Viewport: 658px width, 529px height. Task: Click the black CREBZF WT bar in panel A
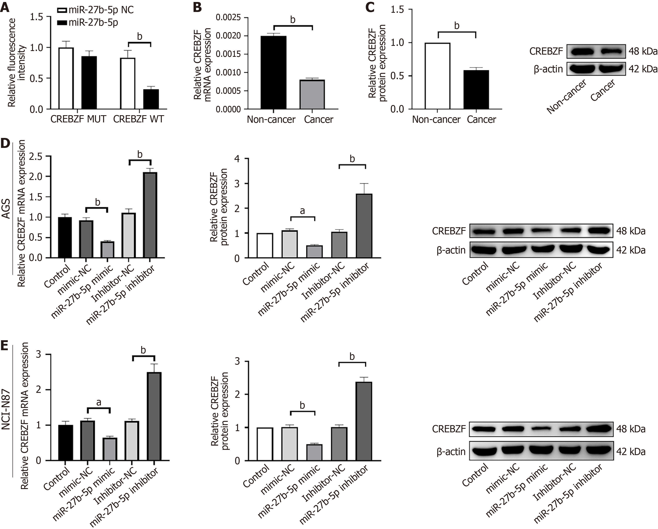[x=151, y=99]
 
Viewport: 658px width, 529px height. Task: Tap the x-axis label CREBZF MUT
[x=78, y=119]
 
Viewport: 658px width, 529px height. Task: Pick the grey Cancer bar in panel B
[x=312, y=94]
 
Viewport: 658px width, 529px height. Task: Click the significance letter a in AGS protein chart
[x=302, y=211]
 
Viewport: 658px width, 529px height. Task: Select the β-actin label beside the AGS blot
[x=451, y=250]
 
